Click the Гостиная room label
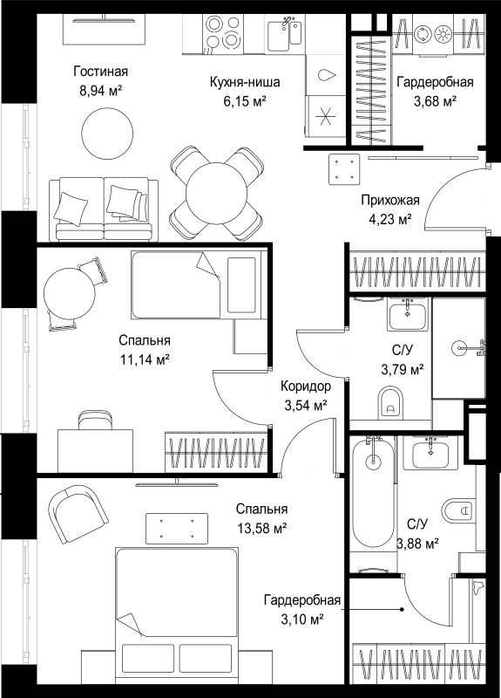[x=101, y=72]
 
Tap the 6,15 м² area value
[x=245, y=101]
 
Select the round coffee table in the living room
[x=107, y=133]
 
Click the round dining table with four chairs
[x=216, y=194]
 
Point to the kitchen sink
[x=285, y=31]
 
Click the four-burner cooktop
[x=222, y=34]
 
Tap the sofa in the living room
[x=104, y=209]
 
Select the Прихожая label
[x=389, y=201]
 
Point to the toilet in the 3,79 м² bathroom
[x=390, y=402]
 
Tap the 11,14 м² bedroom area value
[x=145, y=359]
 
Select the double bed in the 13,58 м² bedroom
[x=176, y=616]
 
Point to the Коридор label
[x=306, y=387]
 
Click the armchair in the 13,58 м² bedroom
[x=78, y=513]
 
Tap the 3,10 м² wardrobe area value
[x=302, y=619]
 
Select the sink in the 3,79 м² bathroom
[x=407, y=314]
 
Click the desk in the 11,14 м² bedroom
[x=96, y=450]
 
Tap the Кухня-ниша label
[x=245, y=82]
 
